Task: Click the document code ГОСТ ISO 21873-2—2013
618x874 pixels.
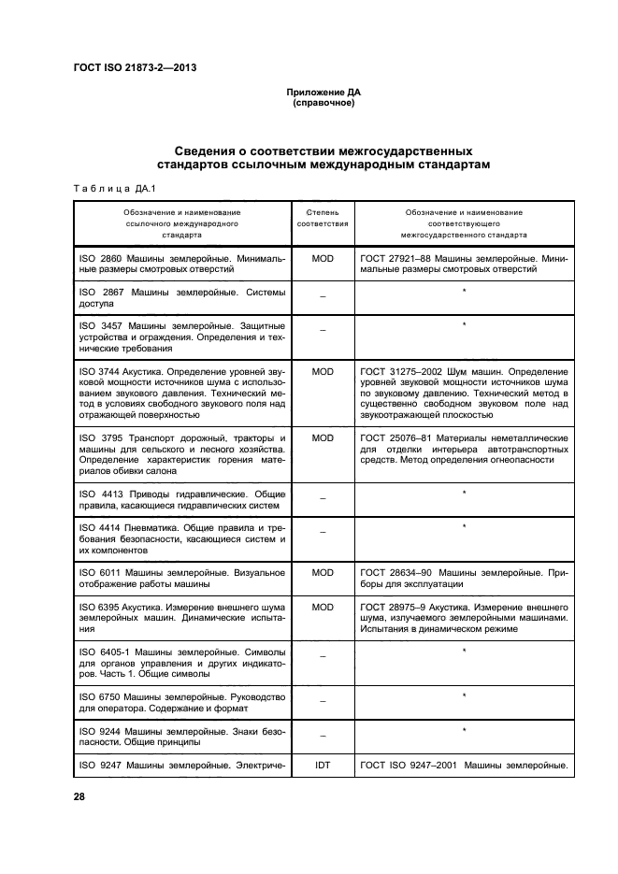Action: [x=135, y=67]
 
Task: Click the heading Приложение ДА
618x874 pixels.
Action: [x=323, y=93]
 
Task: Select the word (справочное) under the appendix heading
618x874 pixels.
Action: [x=323, y=103]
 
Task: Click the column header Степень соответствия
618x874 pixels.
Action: [x=323, y=219]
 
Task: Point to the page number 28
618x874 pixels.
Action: [x=79, y=795]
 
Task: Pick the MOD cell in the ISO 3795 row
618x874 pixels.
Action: [x=323, y=437]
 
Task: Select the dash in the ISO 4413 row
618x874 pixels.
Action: [x=323, y=499]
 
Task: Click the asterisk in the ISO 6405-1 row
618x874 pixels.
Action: [x=464, y=651]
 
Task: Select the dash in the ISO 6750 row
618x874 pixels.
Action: [x=323, y=701]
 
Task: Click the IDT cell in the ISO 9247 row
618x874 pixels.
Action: [x=323, y=766]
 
